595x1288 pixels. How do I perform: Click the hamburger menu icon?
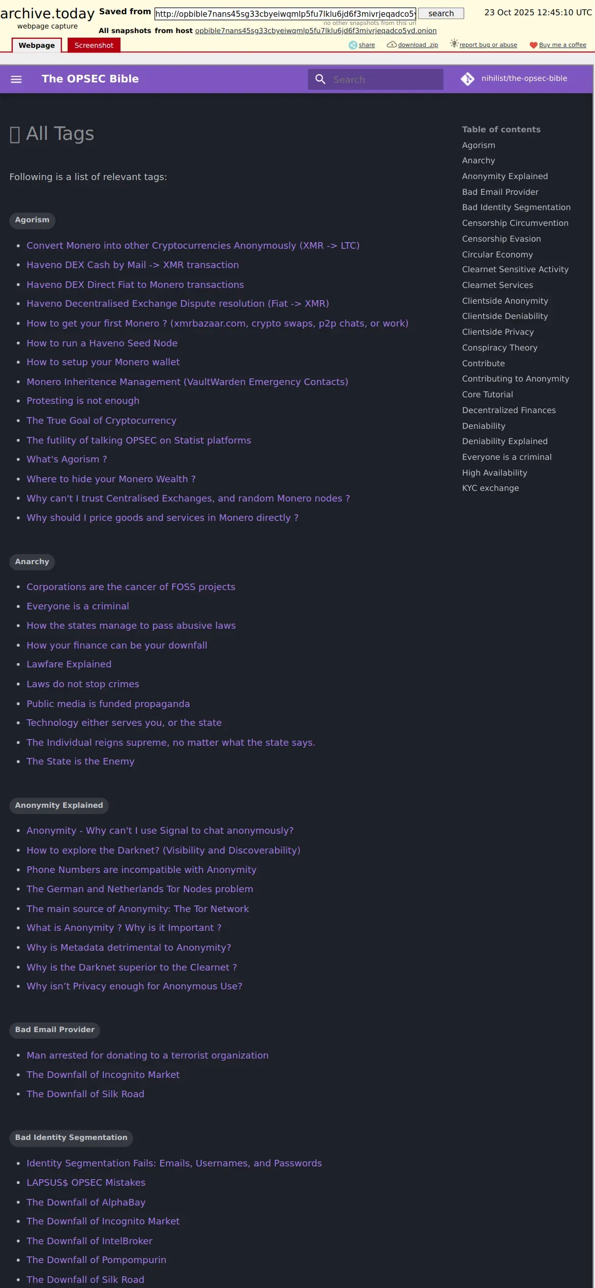(x=16, y=79)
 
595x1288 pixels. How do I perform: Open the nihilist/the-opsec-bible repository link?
(x=524, y=78)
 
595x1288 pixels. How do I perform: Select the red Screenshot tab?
(x=94, y=45)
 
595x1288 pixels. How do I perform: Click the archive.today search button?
(x=440, y=14)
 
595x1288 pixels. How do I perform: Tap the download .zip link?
(x=418, y=45)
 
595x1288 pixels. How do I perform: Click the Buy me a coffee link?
(x=562, y=45)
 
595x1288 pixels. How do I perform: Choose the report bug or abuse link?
(x=488, y=45)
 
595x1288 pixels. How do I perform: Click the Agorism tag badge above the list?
(x=32, y=220)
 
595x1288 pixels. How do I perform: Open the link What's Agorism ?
(x=67, y=459)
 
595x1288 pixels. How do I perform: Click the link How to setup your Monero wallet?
(x=103, y=362)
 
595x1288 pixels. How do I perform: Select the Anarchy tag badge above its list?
(x=32, y=562)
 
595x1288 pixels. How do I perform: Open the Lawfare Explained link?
(x=69, y=664)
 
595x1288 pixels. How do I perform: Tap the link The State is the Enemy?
(x=80, y=762)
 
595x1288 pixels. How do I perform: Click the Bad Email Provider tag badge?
(x=54, y=1030)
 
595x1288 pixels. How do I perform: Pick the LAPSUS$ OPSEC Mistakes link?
(x=86, y=1183)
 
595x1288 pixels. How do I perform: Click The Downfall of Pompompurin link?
(x=96, y=1260)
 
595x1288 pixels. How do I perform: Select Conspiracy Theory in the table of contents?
(x=499, y=347)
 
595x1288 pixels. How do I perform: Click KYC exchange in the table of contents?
(x=490, y=488)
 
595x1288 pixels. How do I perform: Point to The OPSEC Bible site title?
(x=90, y=79)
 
